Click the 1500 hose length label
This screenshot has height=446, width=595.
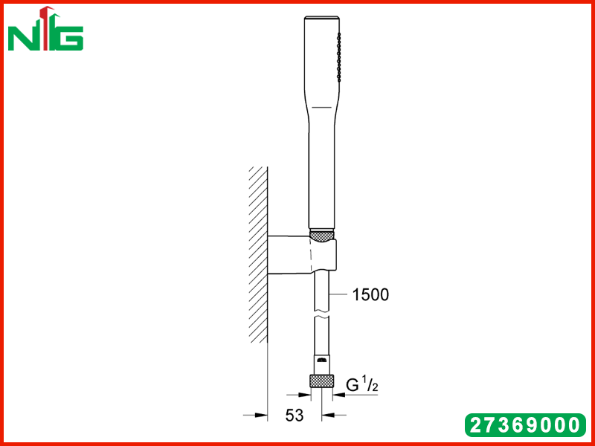coord(370,294)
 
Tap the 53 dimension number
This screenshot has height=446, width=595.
coord(295,416)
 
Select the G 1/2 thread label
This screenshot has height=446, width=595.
coord(362,385)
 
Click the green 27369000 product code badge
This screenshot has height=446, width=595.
coord(525,424)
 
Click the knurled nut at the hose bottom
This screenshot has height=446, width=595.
coord(322,381)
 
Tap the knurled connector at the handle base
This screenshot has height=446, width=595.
coord(322,236)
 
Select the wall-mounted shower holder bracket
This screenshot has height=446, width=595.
coord(302,253)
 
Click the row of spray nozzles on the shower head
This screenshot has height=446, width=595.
coord(338,57)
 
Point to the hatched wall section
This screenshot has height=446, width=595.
coord(258,255)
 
